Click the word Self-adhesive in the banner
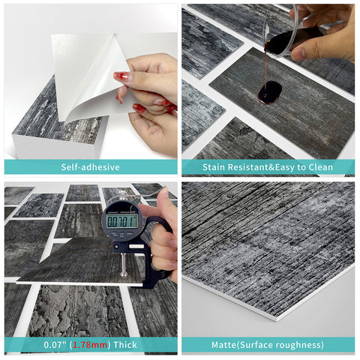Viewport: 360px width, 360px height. (90, 167)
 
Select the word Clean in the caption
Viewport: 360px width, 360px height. (321, 167)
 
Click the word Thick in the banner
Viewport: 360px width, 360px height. (125, 345)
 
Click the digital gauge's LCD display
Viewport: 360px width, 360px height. (122, 221)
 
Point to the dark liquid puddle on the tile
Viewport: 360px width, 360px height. (270, 92)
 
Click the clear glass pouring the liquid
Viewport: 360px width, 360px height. (281, 31)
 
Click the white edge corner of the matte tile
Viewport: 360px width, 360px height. (277, 319)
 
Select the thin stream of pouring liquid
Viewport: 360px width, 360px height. (265, 69)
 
